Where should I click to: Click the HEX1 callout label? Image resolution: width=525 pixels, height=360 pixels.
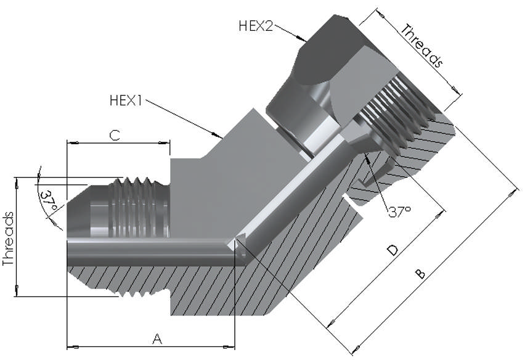click(x=126, y=100)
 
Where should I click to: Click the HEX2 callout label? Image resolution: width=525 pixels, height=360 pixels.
click(x=255, y=26)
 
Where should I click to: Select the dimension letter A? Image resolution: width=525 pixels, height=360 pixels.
click(x=157, y=338)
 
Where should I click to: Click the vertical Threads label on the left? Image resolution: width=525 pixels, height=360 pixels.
click(x=9, y=239)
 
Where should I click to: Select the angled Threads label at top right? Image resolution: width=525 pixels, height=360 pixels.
click(x=422, y=44)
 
